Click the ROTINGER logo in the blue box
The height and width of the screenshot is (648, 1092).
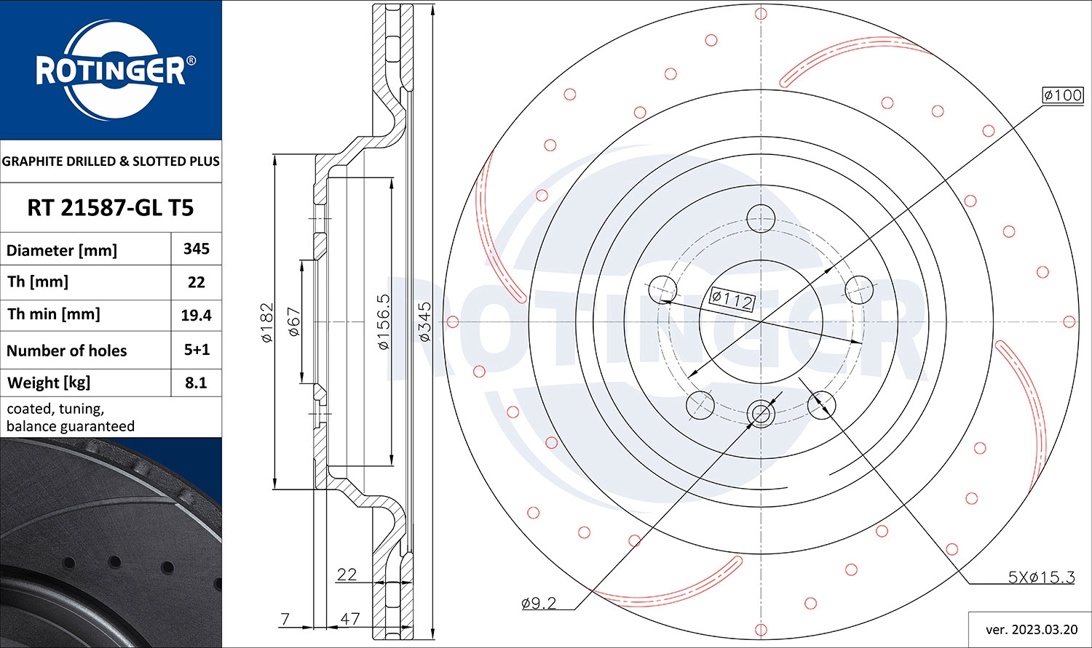111,71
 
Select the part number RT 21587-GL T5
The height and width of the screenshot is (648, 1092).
111,208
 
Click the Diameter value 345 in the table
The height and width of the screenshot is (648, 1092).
197,249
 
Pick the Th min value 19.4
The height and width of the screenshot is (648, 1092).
197,315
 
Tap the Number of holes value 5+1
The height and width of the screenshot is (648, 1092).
197,350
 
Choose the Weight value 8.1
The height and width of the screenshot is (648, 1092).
197,383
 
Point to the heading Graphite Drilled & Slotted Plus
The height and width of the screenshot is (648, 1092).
111,161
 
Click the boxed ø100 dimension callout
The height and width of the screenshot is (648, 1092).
1062,95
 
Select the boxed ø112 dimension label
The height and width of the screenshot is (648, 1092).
732,299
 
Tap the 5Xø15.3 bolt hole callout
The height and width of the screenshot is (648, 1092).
1041,577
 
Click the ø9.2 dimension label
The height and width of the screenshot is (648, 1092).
539,603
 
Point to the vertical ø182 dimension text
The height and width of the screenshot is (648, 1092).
266,322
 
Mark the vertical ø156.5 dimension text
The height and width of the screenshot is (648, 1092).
384,322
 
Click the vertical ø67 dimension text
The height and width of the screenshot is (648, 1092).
294,321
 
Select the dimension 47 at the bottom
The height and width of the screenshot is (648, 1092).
350,619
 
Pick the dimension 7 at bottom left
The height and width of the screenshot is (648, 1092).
285,619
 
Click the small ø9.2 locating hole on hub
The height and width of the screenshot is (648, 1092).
761,414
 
